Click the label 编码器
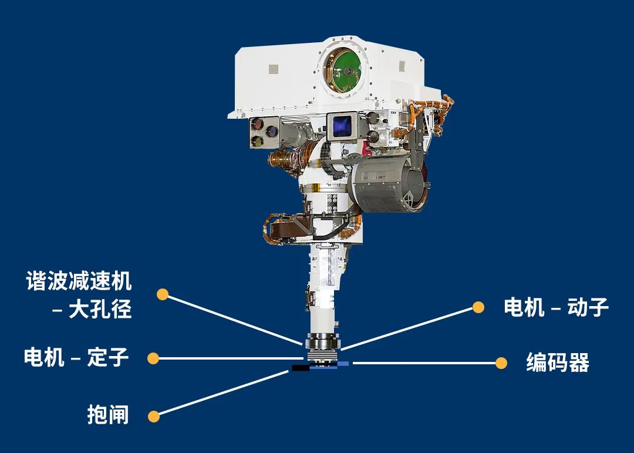(558, 363)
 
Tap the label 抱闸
(108, 415)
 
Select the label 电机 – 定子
(76, 357)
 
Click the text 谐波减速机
(79, 281)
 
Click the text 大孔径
(100, 310)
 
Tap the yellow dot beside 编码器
(501, 363)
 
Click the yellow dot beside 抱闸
(154, 416)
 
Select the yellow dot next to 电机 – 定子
(153, 358)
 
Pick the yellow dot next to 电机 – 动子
(478, 307)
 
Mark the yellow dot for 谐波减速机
(163, 294)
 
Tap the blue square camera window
(342, 126)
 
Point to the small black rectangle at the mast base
(301, 368)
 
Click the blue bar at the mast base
(329, 365)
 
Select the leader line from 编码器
(424, 363)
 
